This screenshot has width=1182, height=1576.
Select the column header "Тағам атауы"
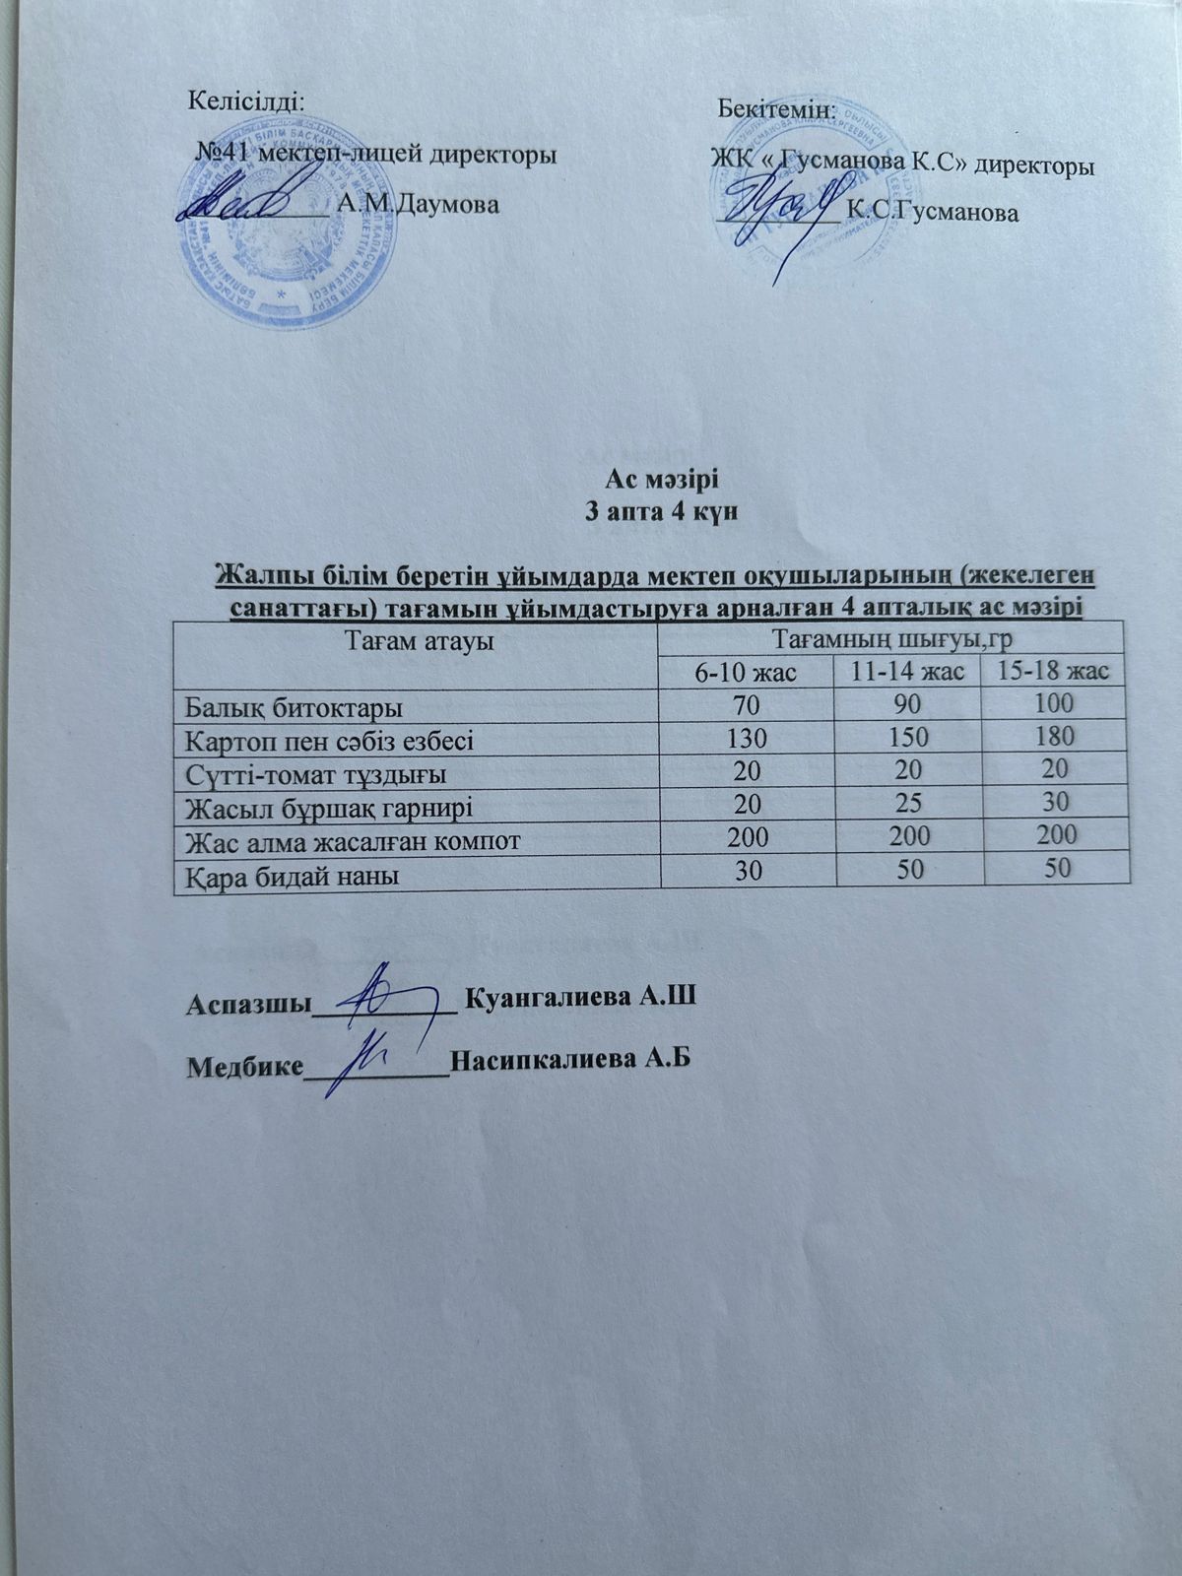coord(417,641)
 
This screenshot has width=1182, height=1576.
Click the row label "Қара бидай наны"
coord(293,875)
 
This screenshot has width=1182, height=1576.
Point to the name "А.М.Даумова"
coord(417,205)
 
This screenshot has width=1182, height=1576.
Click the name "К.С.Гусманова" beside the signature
coord(932,212)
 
